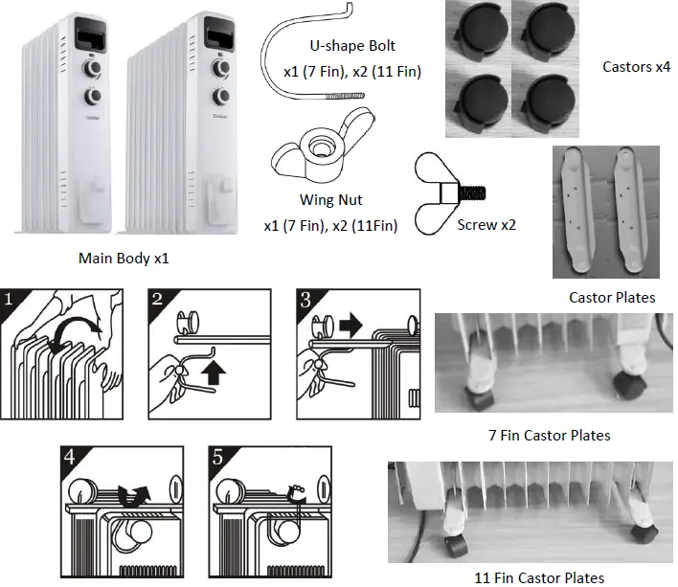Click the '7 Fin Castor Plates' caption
tap(549, 435)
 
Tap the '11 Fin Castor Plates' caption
tap(539, 576)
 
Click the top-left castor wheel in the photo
tap(481, 30)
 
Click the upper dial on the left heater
tap(96, 69)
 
